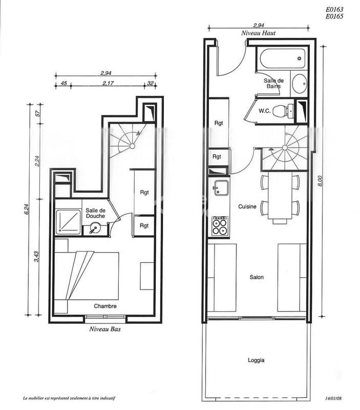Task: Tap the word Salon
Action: coord(257,277)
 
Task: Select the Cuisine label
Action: coord(247,207)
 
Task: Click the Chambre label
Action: coord(105,306)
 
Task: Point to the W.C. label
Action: coord(264,111)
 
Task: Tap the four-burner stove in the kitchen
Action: coord(220,225)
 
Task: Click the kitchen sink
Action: coord(221,188)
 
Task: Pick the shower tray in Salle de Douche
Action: coord(68,221)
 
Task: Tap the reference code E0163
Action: coord(333,9)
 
